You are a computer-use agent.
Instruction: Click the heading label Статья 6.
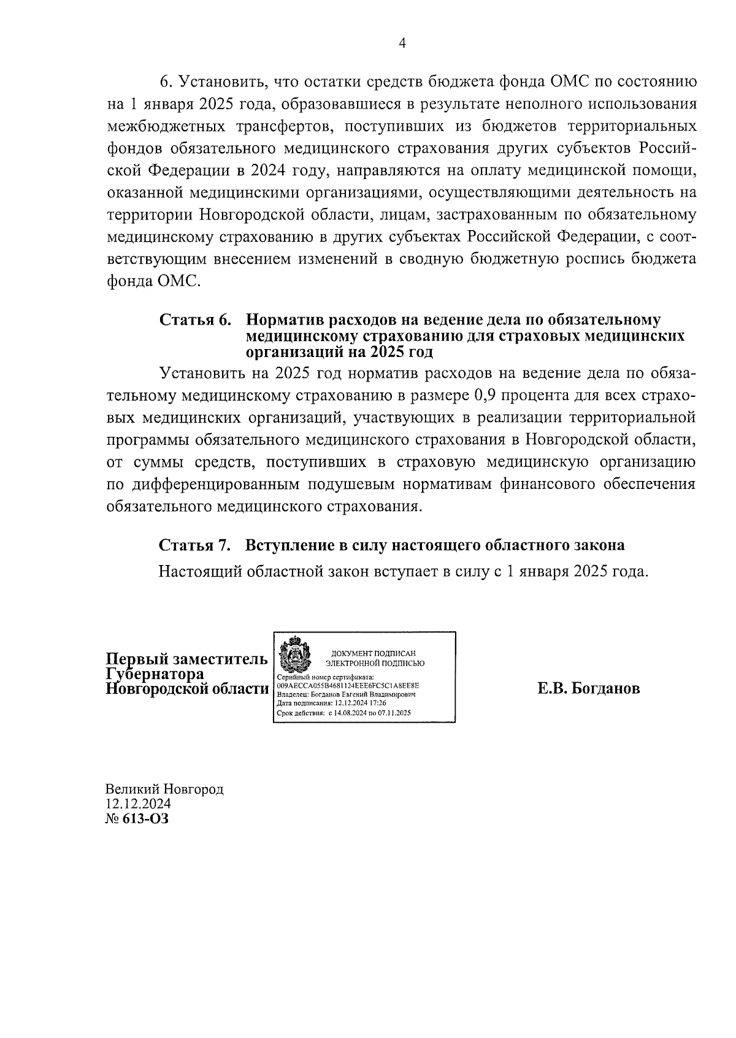[x=195, y=320]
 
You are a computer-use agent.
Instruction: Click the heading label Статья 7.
[x=195, y=545]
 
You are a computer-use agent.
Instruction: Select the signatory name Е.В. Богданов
[x=588, y=688]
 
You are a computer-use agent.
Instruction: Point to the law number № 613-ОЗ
[x=137, y=819]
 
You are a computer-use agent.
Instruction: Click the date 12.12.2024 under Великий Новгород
[x=138, y=804]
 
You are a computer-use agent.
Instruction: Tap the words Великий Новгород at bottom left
[x=164, y=789]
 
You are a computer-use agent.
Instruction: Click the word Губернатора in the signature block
[x=155, y=674]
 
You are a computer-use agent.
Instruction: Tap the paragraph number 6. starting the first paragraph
[x=167, y=82]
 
